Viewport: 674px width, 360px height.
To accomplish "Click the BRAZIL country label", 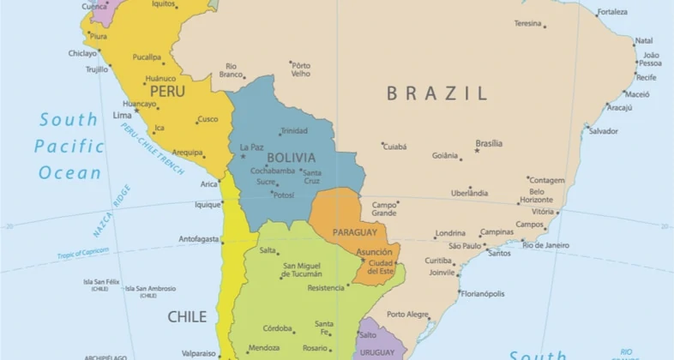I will [x=436, y=93].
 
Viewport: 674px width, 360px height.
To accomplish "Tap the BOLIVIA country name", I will [x=291, y=158].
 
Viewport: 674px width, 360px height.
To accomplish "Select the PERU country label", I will [x=167, y=91].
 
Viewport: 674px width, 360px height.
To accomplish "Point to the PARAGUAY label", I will [x=354, y=232].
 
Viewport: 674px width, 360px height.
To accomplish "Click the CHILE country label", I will [x=187, y=316].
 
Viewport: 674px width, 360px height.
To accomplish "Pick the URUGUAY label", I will [x=377, y=352].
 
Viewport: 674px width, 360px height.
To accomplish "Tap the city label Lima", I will [x=123, y=115].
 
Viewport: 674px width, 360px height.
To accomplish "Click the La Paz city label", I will [x=252, y=147].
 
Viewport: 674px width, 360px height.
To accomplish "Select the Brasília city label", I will [x=489, y=143].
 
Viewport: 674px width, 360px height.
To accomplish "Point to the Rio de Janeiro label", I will [x=545, y=245].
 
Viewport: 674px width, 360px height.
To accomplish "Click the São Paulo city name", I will [x=466, y=246].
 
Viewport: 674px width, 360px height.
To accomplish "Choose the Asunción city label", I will [x=375, y=252].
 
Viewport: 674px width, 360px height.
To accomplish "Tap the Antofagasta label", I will [x=199, y=239].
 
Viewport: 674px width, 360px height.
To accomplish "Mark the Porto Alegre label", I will [x=407, y=315].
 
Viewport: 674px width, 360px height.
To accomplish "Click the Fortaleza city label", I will [x=612, y=12].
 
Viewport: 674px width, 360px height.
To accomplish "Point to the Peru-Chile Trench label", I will [x=152, y=148].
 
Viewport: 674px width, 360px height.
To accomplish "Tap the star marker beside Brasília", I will [x=477, y=151].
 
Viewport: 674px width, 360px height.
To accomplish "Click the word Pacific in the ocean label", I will [x=69, y=147].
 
